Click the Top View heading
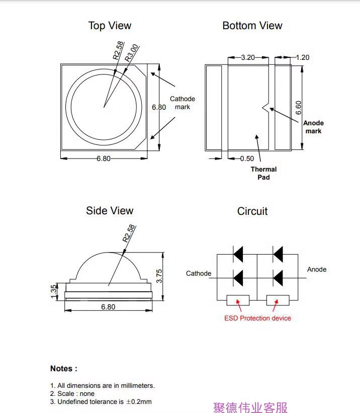click(x=110, y=26)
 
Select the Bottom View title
click(x=252, y=26)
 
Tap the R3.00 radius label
click(x=131, y=53)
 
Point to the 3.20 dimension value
click(x=248, y=57)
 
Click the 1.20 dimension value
click(x=303, y=57)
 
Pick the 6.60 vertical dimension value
click(x=298, y=108)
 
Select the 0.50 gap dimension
click(x=247, y=158)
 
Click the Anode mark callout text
click(x=313, y=127)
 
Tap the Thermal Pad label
click(x=263, y=173)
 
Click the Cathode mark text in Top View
click(x=183, y=103)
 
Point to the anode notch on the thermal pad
click(x=265, y=107)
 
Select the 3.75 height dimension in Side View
click(x=159, y=276)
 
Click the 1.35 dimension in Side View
click(x=53, y=291)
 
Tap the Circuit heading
click(x=252, y=211)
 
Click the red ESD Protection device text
click(x=257, y=318)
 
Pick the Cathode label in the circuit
click(x=199, y=273)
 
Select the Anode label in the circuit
click(x=317, y=270)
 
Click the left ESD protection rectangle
click(x=238, y=300)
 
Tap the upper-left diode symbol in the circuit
click(x=238, y=254)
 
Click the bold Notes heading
click(x=64, y=369)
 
